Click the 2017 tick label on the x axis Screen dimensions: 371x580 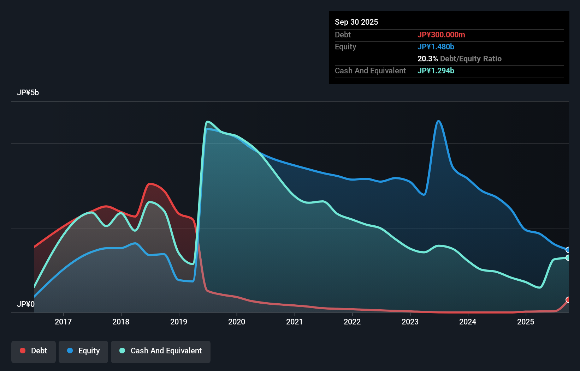point(63,322)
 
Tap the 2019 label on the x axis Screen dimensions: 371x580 point(179,322)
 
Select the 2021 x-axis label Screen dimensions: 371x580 point(294,322)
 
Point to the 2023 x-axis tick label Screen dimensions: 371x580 point(410,322)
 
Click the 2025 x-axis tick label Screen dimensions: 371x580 point(526,322)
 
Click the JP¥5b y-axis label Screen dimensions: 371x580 point(28,93)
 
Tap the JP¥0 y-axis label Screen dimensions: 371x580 point(25,304)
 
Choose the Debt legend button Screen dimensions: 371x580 point(34,351)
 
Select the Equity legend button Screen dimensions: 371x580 point(83,351)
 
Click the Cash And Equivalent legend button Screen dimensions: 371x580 point(161,351)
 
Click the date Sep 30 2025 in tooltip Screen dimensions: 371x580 point(356,22)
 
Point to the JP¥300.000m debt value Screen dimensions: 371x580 point(441,35)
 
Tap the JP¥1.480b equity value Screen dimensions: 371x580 point(436,47)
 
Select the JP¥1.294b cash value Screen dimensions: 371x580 point(436,71)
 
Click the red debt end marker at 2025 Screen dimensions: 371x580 point(568,300)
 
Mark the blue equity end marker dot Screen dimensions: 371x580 point(568,250)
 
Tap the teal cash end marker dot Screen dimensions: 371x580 point(568,258)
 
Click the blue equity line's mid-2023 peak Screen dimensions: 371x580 point(438,121)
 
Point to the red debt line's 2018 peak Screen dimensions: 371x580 point(150,184)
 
